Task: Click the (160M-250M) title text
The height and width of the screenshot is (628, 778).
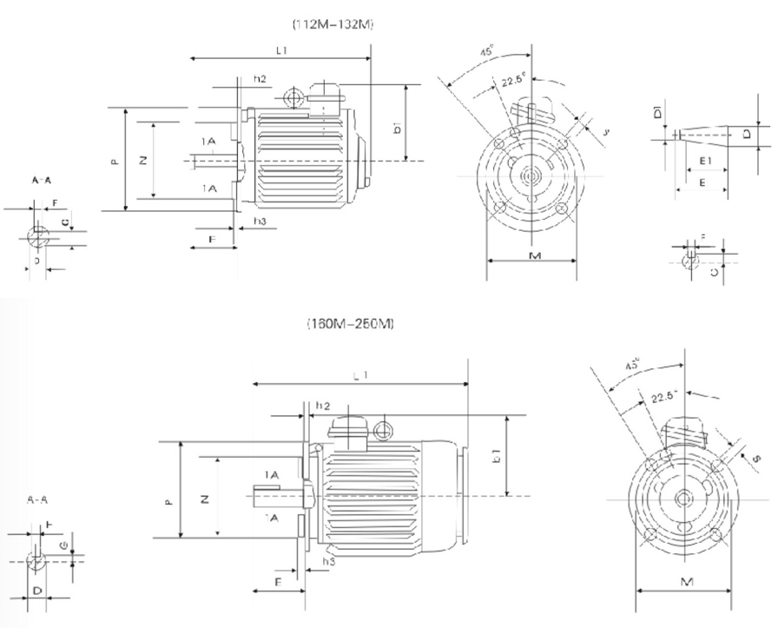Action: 351,324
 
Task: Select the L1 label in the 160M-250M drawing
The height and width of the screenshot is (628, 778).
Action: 360,375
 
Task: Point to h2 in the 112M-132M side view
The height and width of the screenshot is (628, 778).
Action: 260,79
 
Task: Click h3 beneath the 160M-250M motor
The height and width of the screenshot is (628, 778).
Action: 328,562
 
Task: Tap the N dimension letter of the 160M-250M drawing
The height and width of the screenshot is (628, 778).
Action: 204,499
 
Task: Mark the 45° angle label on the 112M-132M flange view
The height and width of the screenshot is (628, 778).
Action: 487,52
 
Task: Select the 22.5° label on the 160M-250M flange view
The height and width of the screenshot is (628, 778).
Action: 663,397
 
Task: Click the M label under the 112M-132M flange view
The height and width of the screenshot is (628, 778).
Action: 535,256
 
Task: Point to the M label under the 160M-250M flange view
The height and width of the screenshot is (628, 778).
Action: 684,580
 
